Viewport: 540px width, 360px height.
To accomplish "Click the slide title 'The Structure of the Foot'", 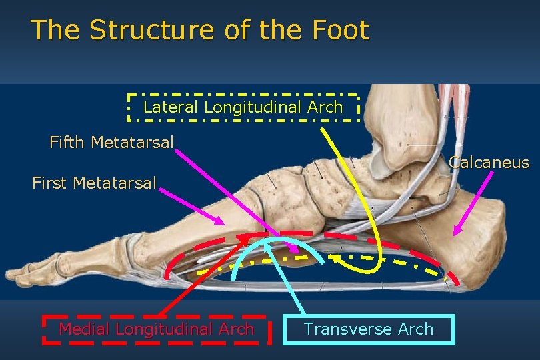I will click(x=199, y=30).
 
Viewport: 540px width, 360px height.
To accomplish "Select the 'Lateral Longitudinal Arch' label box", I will click(x=243, y=107).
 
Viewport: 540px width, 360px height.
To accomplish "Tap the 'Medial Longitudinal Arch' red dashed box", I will click(x=157, y=329).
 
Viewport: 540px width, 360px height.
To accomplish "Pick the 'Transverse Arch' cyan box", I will click(x=369, y=329).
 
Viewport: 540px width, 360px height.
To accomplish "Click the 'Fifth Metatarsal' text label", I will click(x=111, y=142).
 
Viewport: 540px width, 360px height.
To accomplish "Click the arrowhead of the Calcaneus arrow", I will click(x=455, y=233).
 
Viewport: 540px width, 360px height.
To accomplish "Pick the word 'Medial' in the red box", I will click(x=85, y=329).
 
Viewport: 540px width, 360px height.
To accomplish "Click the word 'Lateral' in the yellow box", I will click(x=171, y=107).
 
